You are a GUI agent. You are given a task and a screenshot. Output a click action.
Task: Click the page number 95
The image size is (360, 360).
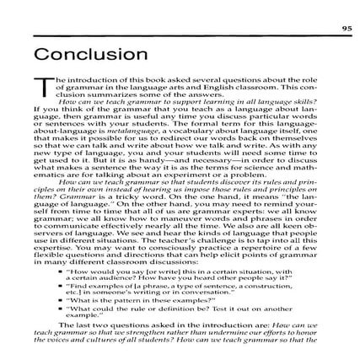tap(347, 28)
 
